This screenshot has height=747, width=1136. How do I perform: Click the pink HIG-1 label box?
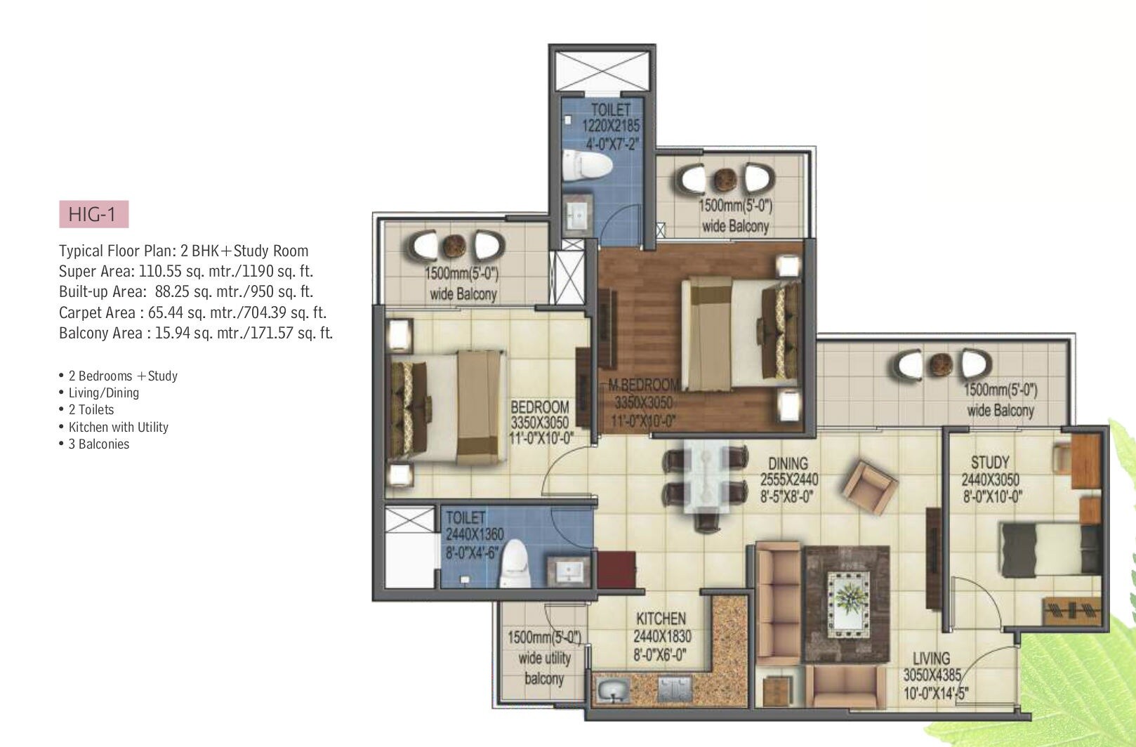(x=93, y=214)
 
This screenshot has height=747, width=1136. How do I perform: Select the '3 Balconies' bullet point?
(x=98, y=444)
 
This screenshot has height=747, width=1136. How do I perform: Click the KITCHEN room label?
(x=661, y=619)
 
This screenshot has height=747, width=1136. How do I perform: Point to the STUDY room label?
(x=990, y=462)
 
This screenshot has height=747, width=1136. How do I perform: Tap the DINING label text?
(x=788, y=463)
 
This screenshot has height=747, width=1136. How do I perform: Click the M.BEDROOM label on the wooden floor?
(x=644, y=385)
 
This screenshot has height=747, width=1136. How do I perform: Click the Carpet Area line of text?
(x=192, y=312)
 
